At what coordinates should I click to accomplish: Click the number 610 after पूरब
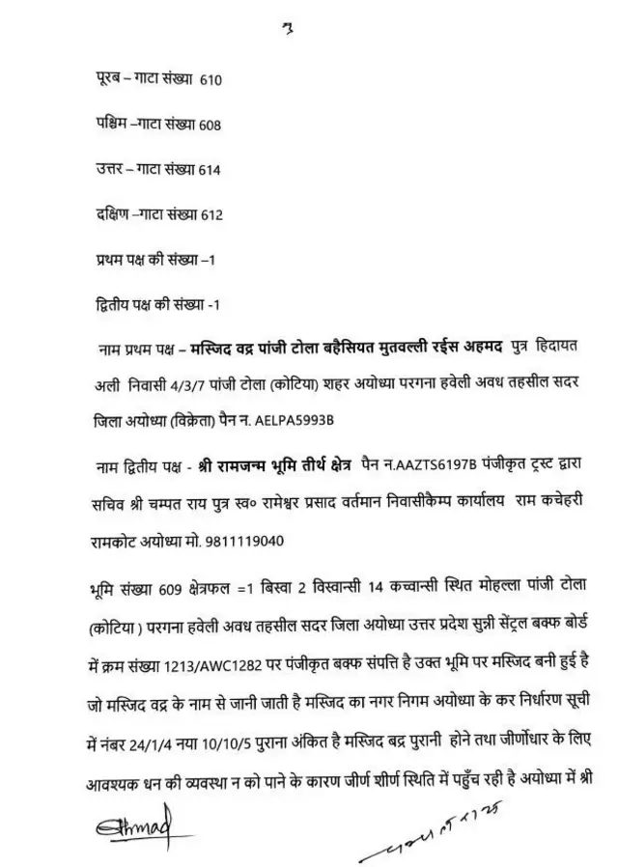(x=211, y=81)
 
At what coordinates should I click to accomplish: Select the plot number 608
(x=211, y=126)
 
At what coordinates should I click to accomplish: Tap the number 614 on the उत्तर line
(x=210, y=171)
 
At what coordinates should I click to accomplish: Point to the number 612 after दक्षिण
(x=211, y=215)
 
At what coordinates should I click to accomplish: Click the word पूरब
(x=100, y=80)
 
